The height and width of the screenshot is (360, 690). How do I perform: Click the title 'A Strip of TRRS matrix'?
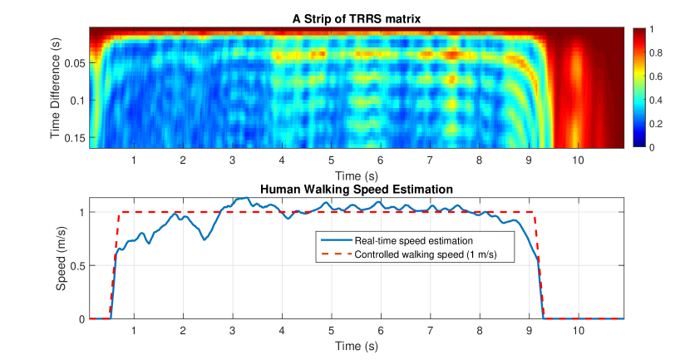pyautogui.click(x=356, y=18)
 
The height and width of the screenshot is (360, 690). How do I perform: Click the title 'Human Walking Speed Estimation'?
pyautogui.click(x=356, y=190)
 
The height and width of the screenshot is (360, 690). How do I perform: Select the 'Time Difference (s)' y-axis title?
pyautogui.click(x=57, y=86)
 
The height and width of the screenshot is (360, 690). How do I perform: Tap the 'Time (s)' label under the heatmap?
pyautogui.click(x=356, y=175)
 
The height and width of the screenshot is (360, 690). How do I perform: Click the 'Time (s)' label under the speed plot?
pyautogui.click(x=356, y=345)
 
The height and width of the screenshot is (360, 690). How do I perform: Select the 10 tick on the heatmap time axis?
pyautogui.click(x=578, y=160)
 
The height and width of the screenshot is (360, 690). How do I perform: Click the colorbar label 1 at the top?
pyautogui.click(x=653, y=29)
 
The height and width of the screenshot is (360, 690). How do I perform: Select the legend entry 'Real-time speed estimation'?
pyautogui.click(x=402, y=240)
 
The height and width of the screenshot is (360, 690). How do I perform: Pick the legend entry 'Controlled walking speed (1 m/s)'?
pyautogui.click(x=431, y=252)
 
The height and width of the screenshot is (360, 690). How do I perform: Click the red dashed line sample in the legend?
pyautogui.click(x=334, y=252)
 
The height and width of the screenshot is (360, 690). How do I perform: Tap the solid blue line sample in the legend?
pyautogui.click(x=334, y=240)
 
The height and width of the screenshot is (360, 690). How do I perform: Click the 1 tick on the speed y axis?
pyautogui.click(x=81, y=212)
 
